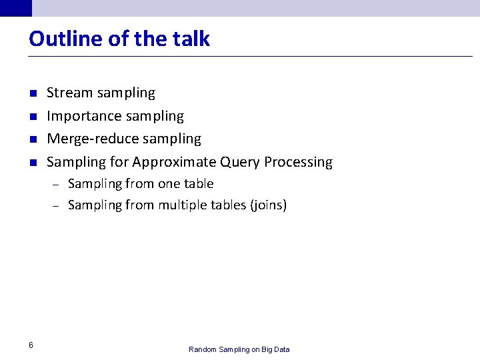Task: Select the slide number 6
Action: [31, 345]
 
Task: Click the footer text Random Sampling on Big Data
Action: [239, 349]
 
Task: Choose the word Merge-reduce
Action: [88, 139]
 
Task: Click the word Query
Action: [240, 162]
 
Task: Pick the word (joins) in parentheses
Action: [268, 205]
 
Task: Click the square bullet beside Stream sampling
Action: [31, 93]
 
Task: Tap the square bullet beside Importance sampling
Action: [31, 117]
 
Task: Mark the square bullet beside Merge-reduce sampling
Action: [31, 139]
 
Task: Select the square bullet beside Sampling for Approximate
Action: [31, 163]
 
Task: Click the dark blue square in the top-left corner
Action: [15, 7]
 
